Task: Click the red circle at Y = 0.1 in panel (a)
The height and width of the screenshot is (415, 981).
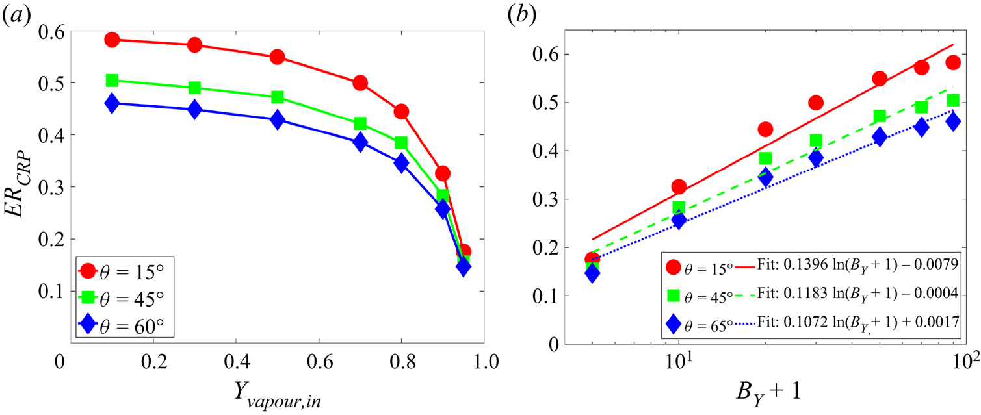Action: point(112,40)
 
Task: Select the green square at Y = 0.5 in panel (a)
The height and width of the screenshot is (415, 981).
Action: point(278,97)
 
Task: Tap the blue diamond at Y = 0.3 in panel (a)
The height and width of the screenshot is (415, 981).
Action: point(194,110)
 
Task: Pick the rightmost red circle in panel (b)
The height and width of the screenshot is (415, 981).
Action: point(953,62)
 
